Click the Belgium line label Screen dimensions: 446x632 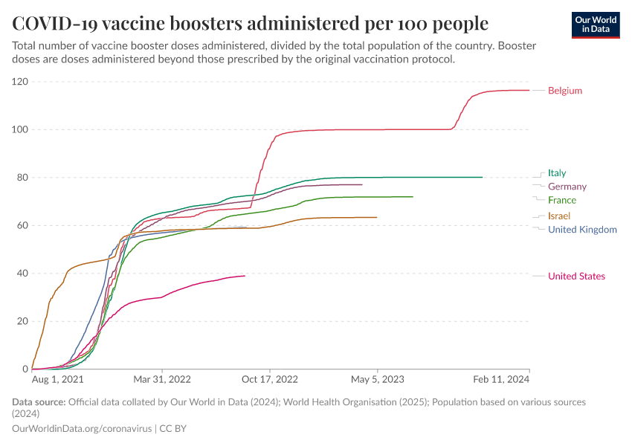point(564,91)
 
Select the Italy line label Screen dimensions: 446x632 point(556,173)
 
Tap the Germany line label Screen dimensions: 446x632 point(567,187)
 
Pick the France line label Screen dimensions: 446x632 point(561,200)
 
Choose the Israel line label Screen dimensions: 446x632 point(558,216)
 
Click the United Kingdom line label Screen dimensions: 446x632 point(582,230)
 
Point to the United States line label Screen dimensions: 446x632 point(576,277)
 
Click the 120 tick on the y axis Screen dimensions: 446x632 point(20,82)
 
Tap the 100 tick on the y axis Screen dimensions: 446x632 point(20,129)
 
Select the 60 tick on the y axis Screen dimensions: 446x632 point(22,225)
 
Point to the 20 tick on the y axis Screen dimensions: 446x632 point(22,321)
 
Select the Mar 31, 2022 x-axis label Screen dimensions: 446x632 point(161,380)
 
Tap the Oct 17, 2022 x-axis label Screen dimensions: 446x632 point(271,380)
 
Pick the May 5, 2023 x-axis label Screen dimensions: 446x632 point(377,380)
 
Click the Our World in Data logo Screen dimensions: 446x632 point(596,24)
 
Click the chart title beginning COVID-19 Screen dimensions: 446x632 point(250,23)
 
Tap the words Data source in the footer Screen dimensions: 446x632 point(39,402)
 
